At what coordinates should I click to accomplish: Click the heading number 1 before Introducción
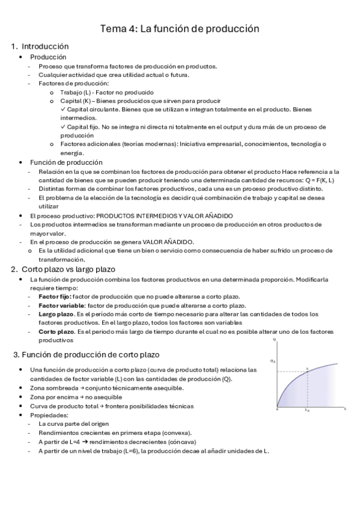coord(14,46)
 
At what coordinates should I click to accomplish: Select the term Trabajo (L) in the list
coord(73,92)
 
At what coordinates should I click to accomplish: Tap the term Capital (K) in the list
coord(73,101)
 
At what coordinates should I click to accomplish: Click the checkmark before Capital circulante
coord(63,109)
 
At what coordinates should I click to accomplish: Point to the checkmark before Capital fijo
coord(63,127)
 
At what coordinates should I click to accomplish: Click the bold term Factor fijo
coord(55,297)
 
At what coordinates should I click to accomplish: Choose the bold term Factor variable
coord(58,306)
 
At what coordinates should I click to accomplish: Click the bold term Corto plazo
coord(56,331)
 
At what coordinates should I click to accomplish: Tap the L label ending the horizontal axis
coord(346,408)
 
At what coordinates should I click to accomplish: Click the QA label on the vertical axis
coord(273,361)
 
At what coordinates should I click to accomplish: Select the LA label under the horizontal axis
coord(307,411)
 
